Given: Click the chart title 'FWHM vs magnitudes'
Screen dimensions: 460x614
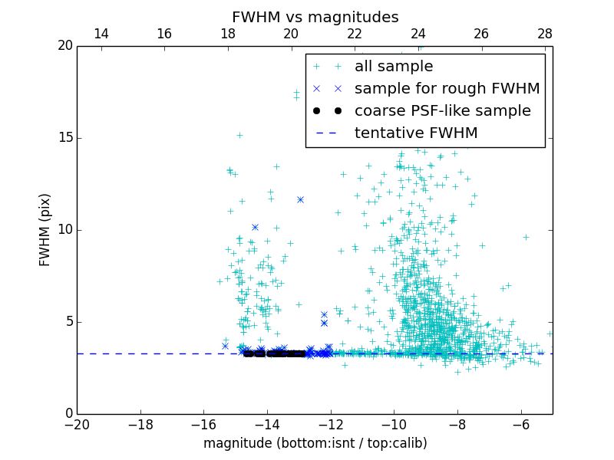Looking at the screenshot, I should tap(315, 17).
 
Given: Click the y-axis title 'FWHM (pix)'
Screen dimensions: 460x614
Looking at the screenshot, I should tap(45, 230).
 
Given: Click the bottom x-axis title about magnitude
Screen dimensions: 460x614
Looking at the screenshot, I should tap(315, 443).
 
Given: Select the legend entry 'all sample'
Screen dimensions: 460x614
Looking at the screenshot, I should tap(394, 67).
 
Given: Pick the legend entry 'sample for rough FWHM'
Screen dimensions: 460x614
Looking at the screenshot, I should tap(447, 89).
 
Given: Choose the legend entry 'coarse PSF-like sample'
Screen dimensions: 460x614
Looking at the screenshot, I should tap(442, 111).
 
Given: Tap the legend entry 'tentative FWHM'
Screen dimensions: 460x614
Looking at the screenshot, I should tap(415, 133).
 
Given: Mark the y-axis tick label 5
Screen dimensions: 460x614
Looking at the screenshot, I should tap(68, 322).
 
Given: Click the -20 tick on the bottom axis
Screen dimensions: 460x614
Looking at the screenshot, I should tap(77, 425).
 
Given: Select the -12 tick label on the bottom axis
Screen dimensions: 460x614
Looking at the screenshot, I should tap(331, 425).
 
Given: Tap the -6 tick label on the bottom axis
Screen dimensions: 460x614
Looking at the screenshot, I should tap(521, 425).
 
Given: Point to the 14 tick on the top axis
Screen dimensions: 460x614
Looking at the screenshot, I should tap(101, 34).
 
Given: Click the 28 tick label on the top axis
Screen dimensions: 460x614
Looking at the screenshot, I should tap(545, 34).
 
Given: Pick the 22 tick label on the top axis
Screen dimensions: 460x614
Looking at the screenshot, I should tap(355, 34).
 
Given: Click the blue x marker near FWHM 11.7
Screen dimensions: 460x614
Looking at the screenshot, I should tap(300, 199).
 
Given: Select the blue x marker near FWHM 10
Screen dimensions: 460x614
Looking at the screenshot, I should tap(255, 227).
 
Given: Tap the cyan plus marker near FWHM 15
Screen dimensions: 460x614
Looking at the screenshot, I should tap(239, 135).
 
